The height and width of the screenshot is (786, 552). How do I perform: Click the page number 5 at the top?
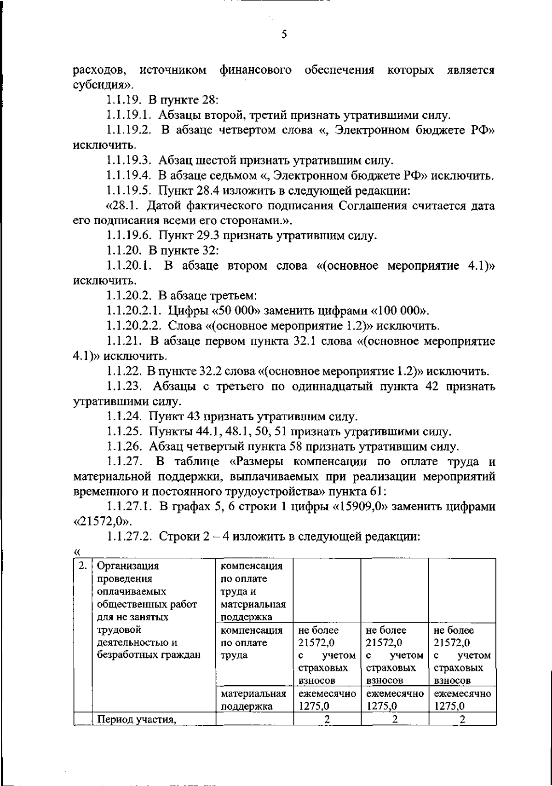click(283, 35)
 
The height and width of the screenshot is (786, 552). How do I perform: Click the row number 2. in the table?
click(82, 566)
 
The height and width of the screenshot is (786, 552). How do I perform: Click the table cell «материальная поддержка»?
click(253, 700)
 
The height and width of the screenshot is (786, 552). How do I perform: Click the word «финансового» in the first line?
click(255, 70)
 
